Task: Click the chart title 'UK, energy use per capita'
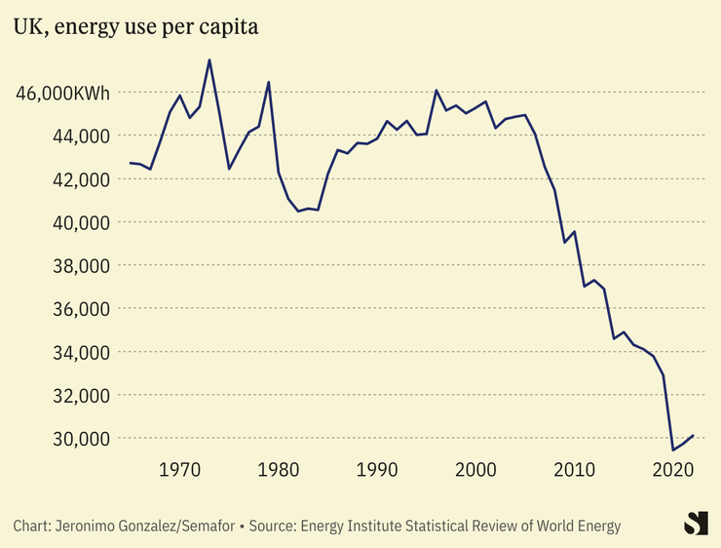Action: pyautogui.click(x=135, y=27)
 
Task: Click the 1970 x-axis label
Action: pyautogui.click(x=180, y=470)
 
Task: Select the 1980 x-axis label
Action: pyautogui.click(x=279, y=470)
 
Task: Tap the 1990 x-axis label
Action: pyautogui.click(x=377, y=470)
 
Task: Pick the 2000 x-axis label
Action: pyautogui.click(x=476, y=470)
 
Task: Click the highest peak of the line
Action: pyautogui.click(x=209, y=60)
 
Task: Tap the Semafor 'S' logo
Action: pyautogui.click(x=695, y=523)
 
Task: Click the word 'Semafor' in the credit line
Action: pyautogui.click(x=211, y=527)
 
